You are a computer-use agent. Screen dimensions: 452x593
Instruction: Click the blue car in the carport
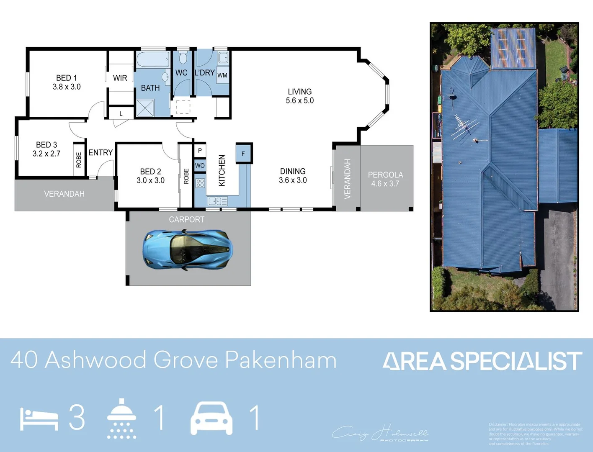[187, 249]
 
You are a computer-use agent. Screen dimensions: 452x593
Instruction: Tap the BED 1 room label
[67, 82]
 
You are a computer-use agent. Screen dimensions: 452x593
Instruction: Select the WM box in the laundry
[222, 75]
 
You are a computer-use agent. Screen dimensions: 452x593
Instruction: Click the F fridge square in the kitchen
[243, 154]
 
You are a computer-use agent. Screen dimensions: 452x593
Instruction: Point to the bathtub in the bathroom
[152, 59]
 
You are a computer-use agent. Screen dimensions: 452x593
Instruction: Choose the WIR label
[120, 78]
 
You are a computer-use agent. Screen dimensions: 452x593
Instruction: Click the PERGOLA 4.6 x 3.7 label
[385, 179]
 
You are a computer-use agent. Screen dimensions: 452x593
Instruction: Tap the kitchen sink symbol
[218, 201]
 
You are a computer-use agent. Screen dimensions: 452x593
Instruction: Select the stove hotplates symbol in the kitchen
[200, 183]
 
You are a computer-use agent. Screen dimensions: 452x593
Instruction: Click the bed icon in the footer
[39, 419]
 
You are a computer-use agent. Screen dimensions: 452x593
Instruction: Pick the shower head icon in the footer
[121, 418]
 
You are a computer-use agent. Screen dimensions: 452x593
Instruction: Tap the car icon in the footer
[211, 418]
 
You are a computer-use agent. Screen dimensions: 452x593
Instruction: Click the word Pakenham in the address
[281, 360]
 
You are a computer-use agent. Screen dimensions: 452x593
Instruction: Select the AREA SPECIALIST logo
[482, 361]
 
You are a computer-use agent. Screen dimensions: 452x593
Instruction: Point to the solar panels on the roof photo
[513, 48]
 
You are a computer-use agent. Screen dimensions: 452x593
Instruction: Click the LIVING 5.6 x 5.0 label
[300, 96]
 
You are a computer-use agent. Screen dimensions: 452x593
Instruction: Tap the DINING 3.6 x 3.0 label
[293, 176]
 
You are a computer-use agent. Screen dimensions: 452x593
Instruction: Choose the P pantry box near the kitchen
[200, 151]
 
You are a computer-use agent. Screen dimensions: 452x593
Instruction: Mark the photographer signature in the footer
[380, 433]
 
